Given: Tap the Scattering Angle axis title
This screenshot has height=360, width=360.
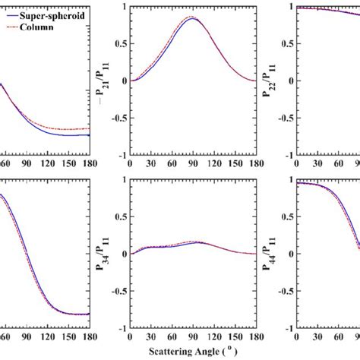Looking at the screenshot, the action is point(193,352).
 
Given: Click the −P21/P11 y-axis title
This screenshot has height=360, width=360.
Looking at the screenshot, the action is point(103,81).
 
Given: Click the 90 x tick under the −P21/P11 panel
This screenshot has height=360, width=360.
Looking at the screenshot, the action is point(193,163).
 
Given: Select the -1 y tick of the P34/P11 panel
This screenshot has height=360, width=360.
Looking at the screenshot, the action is point(122,329).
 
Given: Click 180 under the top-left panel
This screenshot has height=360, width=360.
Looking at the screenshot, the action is point(90,163).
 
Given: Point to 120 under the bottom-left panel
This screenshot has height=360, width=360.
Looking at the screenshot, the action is point(48,336).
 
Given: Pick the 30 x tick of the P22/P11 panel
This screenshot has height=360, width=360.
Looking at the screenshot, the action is point(317,163).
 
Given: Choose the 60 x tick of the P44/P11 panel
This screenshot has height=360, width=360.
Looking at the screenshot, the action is point(339,336).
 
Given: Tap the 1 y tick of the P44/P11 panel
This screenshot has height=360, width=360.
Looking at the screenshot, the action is point(291,179).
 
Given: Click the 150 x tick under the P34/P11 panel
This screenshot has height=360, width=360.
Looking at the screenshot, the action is point(235,336).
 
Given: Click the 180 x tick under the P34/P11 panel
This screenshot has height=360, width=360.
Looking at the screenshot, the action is point(257,336).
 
